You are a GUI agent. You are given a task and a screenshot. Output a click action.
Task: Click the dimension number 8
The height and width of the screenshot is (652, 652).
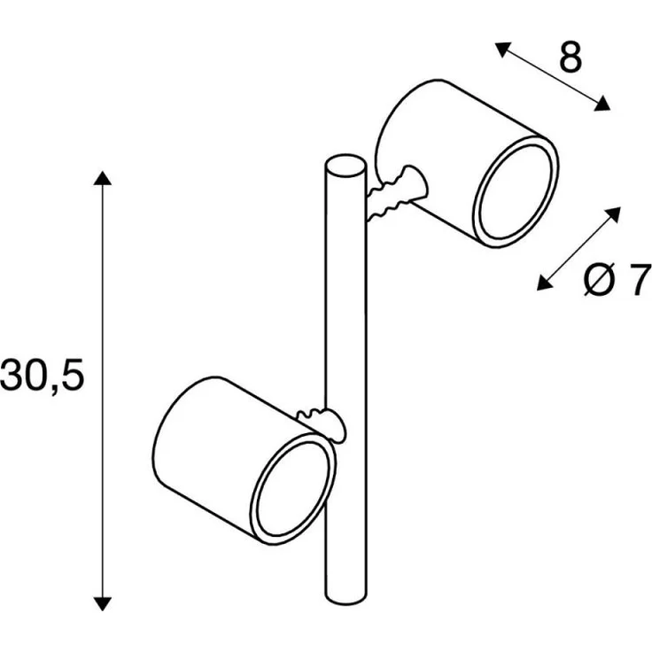(x=570, y=58)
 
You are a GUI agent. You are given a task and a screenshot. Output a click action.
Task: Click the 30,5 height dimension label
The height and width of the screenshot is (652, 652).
(x=42, y=375)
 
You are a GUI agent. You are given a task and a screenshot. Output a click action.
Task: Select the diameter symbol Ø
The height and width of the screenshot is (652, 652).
(x=599, y=280)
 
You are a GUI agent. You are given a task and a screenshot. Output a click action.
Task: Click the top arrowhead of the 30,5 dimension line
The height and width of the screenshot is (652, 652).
(x=102, y=177)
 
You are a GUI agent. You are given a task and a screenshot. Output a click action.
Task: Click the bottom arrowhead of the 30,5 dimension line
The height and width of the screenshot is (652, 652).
(x=102, y=603)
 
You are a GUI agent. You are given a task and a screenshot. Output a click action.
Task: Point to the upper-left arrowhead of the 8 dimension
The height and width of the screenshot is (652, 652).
(x=502, y=49)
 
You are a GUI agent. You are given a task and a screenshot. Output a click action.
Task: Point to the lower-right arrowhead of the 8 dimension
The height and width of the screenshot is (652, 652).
(x=602, y=104)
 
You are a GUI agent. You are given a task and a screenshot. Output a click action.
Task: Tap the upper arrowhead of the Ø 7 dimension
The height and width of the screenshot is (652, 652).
(x=613, y=214)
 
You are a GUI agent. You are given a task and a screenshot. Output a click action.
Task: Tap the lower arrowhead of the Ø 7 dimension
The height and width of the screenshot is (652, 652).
(x=545, y=283)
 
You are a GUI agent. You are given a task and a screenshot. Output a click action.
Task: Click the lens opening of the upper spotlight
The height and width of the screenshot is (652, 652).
(x=516, y=191)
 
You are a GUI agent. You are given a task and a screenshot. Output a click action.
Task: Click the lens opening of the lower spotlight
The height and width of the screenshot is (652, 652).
(x=292, y=489)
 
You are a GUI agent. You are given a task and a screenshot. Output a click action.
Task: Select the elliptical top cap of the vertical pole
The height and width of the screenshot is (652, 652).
(x=346, y=166)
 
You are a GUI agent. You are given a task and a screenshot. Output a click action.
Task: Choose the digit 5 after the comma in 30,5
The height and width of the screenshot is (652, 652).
(x=73, y=375)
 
